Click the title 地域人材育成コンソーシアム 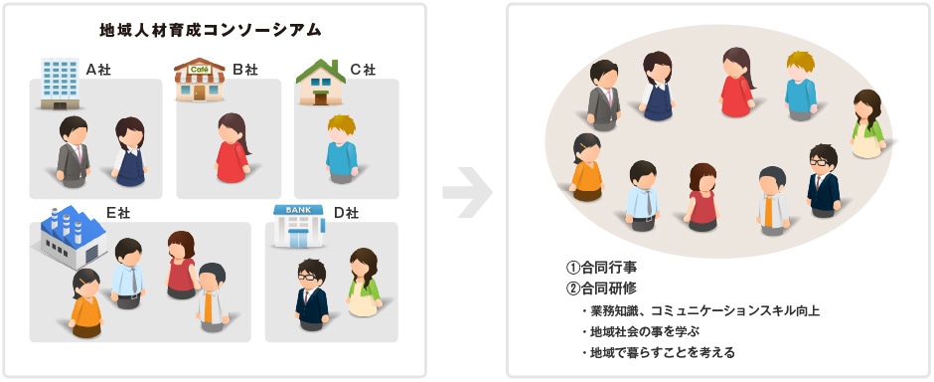[x=212, y=30]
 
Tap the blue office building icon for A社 [x=60, y=83]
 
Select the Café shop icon [x=200, y=79]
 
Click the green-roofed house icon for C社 [x=320, y=81]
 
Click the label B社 [x=245, y=70]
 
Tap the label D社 [x=345, y=212]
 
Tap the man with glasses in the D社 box [x=311, y=291]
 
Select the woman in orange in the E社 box [x=86, y=300]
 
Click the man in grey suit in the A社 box [x=73, y=151]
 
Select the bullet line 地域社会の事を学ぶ [x=658, y=331]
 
